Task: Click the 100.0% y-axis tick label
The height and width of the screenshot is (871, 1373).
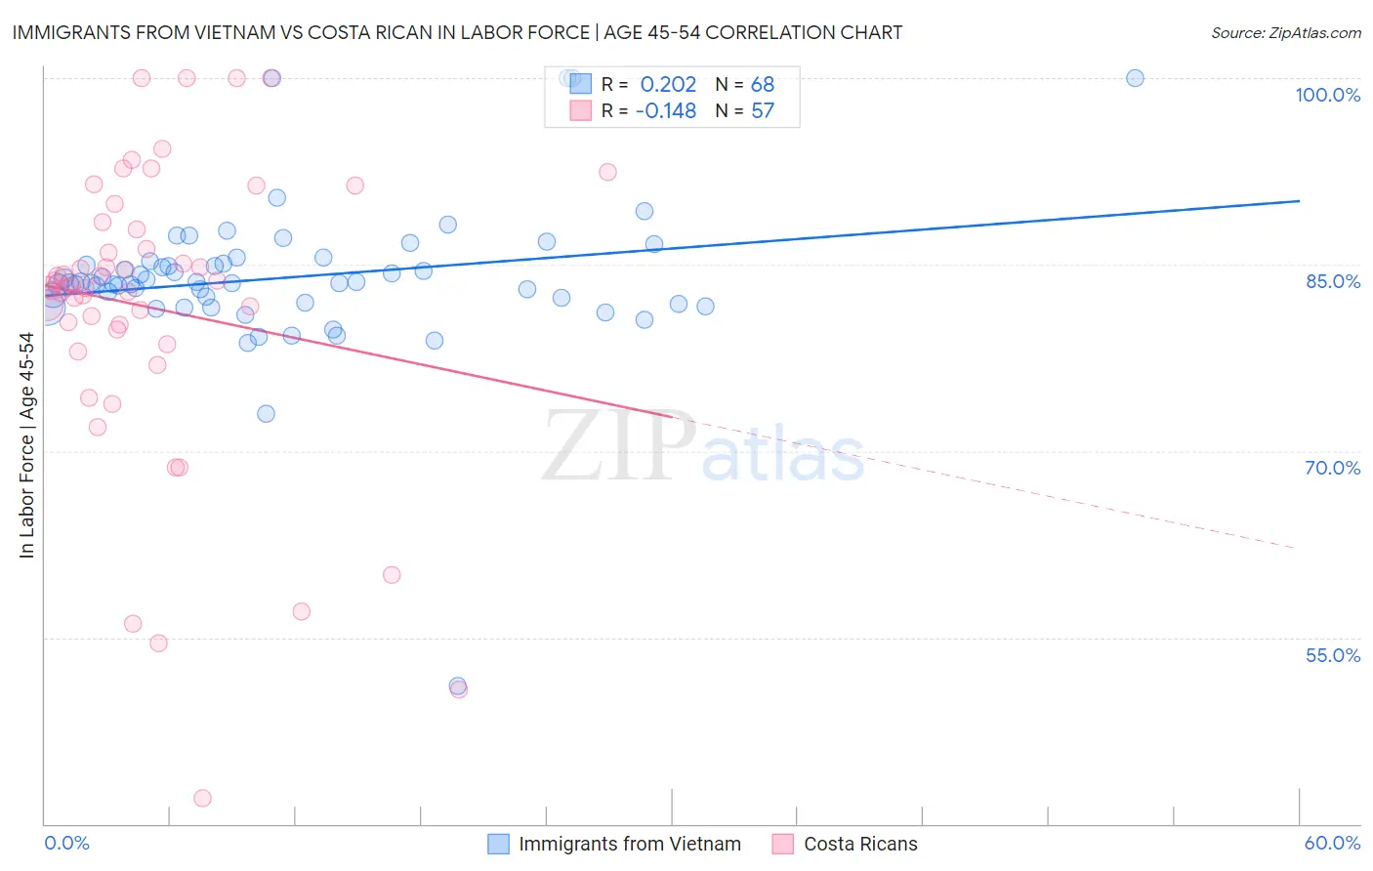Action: (1327, 95)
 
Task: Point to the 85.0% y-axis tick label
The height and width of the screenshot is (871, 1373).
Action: (1333, 281)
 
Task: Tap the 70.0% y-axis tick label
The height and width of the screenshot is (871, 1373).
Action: (1332, 468)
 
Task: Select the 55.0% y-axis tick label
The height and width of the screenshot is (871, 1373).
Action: (1332, 655)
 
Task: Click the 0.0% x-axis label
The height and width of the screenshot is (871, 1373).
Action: (66, 843)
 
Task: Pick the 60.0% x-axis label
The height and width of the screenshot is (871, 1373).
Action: (1332, 843)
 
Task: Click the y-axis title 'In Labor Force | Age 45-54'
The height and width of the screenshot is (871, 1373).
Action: (26, 445)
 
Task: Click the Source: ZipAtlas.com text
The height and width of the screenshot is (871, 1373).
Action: (1285, 32)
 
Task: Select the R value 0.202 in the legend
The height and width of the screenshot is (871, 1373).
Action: (668, 85)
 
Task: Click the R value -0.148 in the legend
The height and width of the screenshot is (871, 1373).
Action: (665, 111)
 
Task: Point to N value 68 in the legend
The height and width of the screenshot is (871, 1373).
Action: (762, 85)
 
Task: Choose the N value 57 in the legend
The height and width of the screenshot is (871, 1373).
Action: (762, 111)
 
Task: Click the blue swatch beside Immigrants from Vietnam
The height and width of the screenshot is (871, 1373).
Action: (498, 844)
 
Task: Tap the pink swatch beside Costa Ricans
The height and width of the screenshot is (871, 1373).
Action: (782, 844)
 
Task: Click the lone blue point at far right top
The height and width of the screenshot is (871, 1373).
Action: (1135, 78)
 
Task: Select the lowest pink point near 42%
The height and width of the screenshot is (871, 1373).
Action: (202, 798)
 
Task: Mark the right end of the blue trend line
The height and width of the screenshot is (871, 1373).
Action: (1299, 200)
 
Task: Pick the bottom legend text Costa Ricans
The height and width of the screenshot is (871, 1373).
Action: (860, 844)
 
